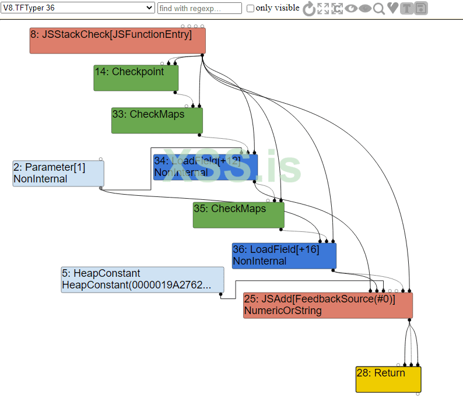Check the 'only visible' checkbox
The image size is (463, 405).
tap(251, 8)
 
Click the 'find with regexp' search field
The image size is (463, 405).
tap(199, 8)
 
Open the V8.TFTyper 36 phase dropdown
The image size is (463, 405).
tap(78, 8)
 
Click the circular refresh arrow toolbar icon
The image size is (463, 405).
tap(309, 8)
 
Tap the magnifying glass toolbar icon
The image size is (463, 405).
tap(379, 8)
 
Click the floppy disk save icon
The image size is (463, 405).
tap(421, 8)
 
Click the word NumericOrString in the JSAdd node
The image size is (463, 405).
tap(283, 311)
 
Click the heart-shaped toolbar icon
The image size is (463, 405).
tap(393, 8)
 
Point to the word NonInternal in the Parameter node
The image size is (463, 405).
tap(40, 179)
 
